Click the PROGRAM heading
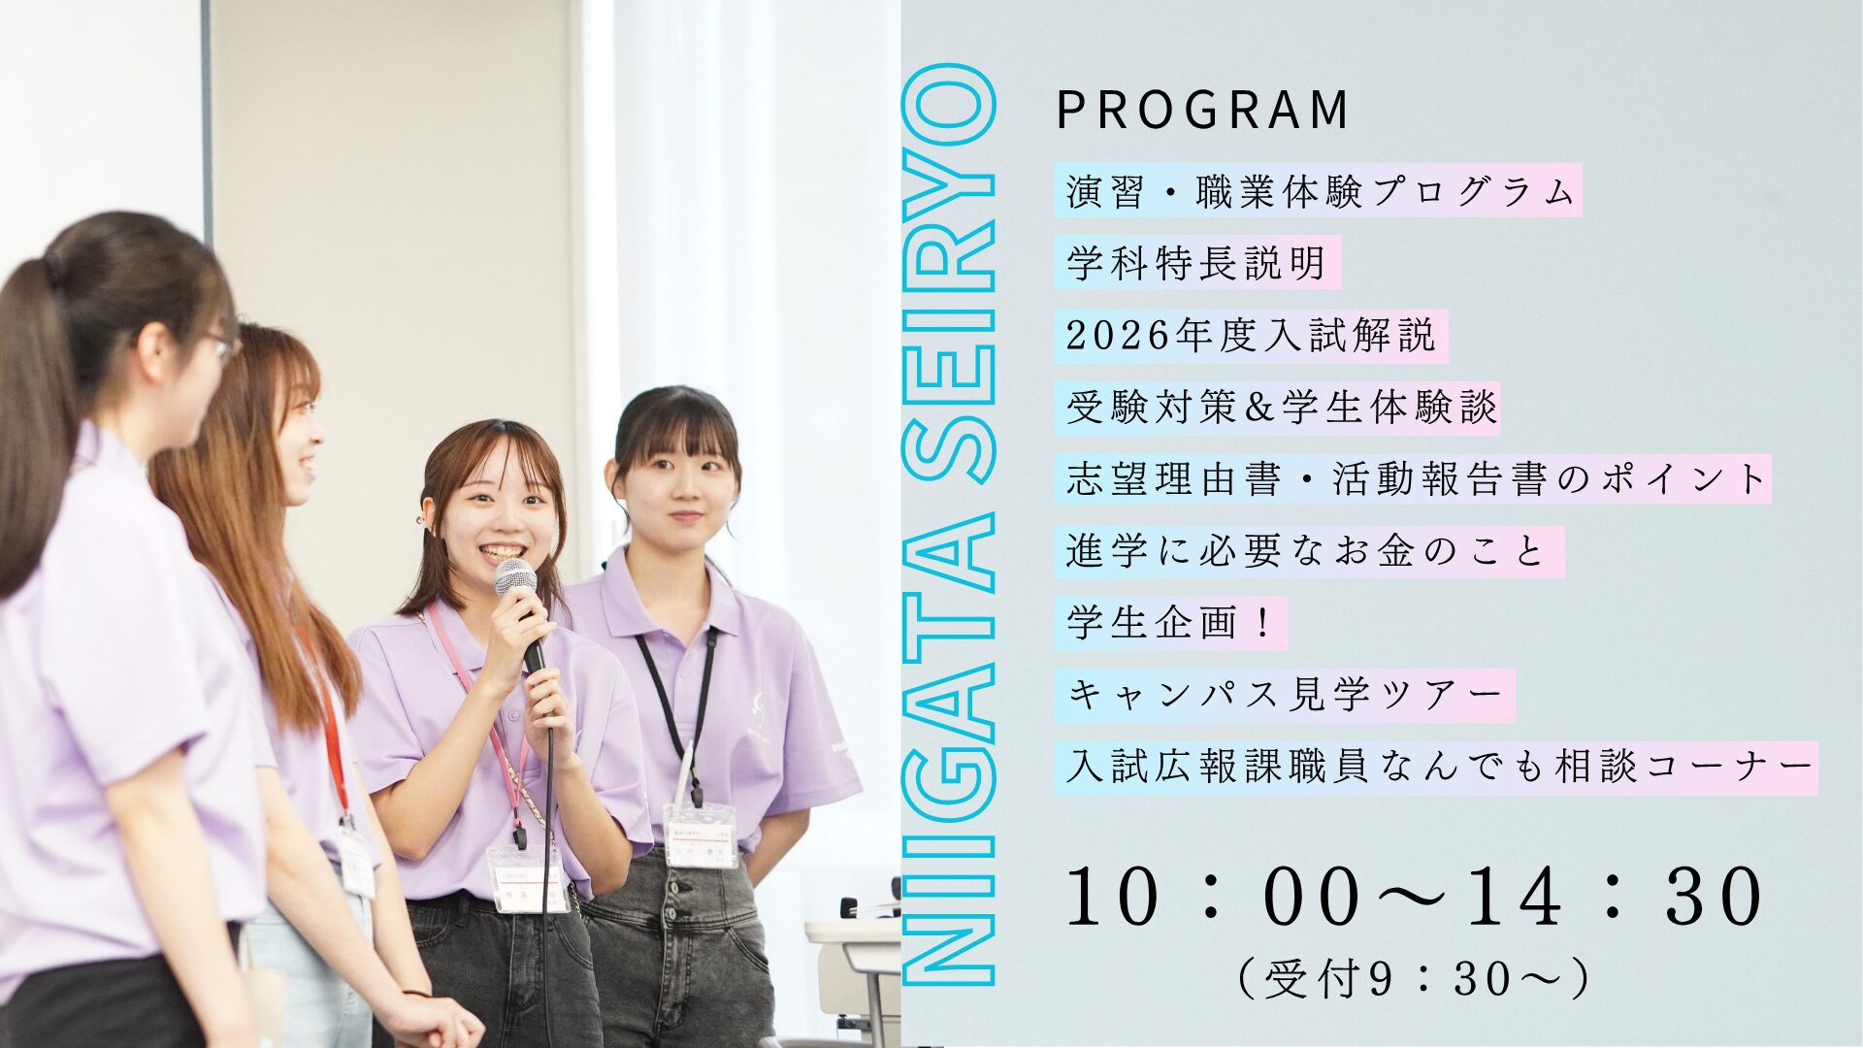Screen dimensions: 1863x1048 pyautogui.click(x=1201, y=110)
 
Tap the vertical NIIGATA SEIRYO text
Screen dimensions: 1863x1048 pyautogui.click(x=949, y=525)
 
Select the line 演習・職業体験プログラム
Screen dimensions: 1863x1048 pyautogui.click(x=1319, y=190)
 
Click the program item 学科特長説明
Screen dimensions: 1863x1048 pyautogui.click(x=1196, y=262)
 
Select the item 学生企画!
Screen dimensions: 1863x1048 pyautogui.click(x=1169, y=623)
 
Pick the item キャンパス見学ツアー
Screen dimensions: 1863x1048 pyautogui.click(x=1285, y=695)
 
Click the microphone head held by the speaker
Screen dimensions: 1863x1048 pyautogui.click(x=515, y=578)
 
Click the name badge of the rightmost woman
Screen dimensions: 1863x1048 pyautogui.click(x=701, y=835)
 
